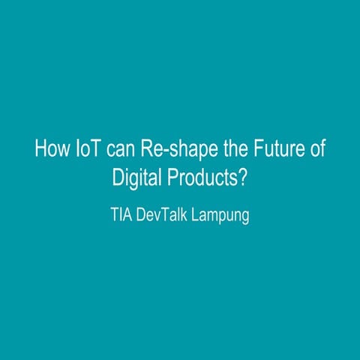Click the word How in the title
[50, 148]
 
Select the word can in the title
[120, 148]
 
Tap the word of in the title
[317, 148]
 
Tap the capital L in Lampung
[196, 216]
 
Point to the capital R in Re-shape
[145, 148]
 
